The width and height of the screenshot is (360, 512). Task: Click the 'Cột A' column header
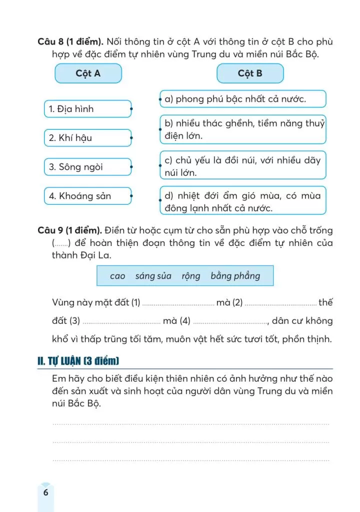coord(88,73)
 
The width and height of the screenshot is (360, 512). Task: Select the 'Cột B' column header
coord(249,73)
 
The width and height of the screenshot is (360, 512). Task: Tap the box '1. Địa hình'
coord(87,108)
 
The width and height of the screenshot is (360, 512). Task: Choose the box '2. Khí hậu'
coord(87,137)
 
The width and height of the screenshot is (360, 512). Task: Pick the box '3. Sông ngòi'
coord(87,166)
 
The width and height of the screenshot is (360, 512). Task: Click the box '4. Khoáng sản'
coord(87,196)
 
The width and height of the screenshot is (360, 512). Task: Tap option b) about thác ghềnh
coord(242,129)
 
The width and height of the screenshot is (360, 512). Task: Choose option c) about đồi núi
coord(242,166)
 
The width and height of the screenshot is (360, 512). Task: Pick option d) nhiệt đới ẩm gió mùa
coord(242,201)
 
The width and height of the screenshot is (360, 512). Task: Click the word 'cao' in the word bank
coord(117,276)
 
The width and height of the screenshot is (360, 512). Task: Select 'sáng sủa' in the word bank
coord(153,276)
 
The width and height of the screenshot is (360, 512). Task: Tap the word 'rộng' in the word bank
coord(191,276)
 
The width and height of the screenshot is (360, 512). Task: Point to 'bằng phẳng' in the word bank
coord(235,276)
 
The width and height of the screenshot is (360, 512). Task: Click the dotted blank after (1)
coord(178,303)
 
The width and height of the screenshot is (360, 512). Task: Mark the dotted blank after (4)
coord(230,321)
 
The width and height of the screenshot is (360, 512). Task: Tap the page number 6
coord(45,492)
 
